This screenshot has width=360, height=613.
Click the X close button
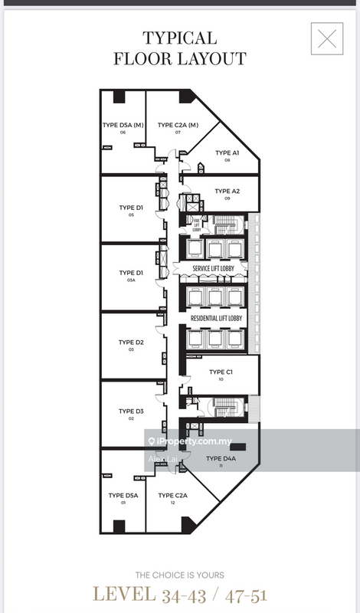coord(327,39)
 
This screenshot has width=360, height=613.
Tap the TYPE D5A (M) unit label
coord(123,126)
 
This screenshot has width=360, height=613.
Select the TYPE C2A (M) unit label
coord(178,126)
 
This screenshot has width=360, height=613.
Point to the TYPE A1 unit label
coord(227,153)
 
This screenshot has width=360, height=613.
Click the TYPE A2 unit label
coord(227,192)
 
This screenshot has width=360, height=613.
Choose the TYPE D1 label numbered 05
coord(131,208)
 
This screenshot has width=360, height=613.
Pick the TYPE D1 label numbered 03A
coord(131,274)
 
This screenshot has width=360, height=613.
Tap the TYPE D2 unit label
coord(131,343)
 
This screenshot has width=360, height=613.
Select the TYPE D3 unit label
coord(131,411)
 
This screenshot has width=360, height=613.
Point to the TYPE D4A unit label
coord(220,459)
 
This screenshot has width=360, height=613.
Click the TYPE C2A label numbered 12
coord(172,496)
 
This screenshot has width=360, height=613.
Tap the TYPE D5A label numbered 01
coord(123,496)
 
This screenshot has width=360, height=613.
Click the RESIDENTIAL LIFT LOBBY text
coord(216,317)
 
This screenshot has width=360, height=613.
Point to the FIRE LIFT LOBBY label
coord(195,222)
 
